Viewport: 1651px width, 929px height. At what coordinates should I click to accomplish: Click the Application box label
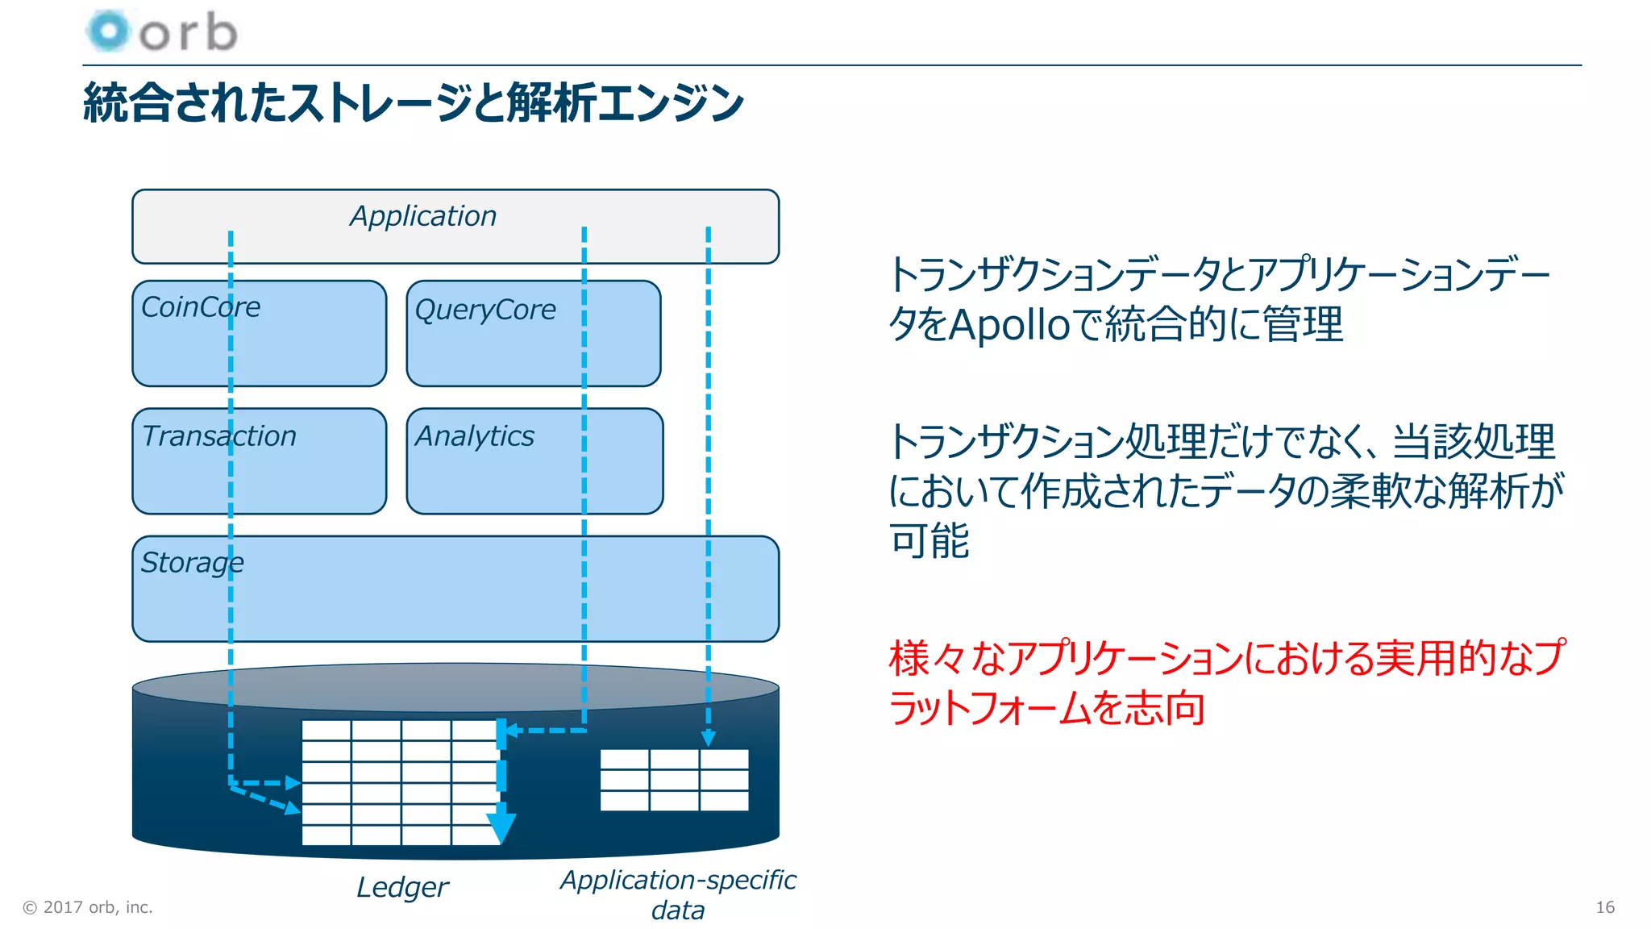[x=423, y=216]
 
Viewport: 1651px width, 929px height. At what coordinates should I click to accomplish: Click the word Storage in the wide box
[x=192, y=563]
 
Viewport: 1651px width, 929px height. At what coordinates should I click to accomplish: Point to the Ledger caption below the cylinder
[x=401, y=887]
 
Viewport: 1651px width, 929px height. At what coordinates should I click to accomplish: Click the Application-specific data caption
[x=678, y=894]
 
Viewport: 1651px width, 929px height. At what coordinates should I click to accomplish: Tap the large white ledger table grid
[x=399, y=782]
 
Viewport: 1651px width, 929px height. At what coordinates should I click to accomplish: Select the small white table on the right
[x=674, y=780]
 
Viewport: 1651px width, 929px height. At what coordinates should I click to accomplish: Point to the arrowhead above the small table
[x=708, y=738]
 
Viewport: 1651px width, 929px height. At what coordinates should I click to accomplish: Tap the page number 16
[x=1604, y=907]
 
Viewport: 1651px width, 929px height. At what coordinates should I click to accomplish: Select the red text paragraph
[x=1225, y=683]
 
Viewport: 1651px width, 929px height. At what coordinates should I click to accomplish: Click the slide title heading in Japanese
[x=413, y=103]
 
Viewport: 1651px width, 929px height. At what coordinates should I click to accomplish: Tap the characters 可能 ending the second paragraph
[x=929, y=540]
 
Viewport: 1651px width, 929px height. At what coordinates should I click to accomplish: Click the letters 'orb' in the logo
[x=189, y=33]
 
